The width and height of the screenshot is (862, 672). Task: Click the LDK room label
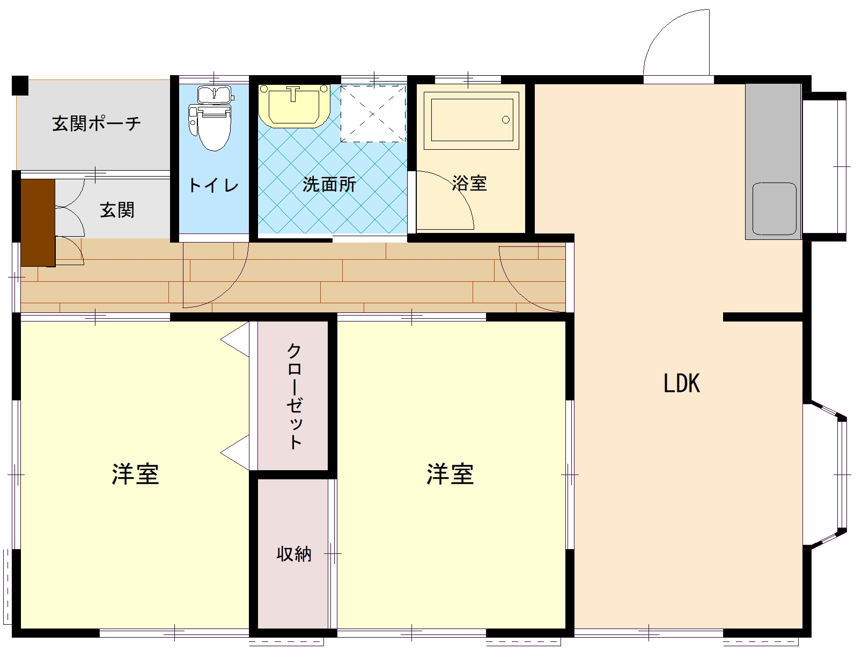(x=681, y=383)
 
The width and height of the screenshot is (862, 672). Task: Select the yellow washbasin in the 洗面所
(x=293, y=105)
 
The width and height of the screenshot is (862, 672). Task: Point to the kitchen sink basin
(x=773, y=208)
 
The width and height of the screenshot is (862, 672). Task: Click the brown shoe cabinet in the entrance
(x=38, y=222)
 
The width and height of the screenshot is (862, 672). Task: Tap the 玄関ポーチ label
(x=97, y=123)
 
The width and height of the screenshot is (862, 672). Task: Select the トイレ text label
(x=213, y=186)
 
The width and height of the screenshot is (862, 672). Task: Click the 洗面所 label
(x=329, y=184)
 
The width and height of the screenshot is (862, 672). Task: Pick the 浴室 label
(x=469, y=183)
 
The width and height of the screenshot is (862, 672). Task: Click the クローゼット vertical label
(x=294, y=396)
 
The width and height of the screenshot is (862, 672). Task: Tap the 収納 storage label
(x=294, y=553)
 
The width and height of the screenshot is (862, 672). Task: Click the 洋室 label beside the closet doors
(x=135, y=474)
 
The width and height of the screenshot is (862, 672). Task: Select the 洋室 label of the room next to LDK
(x=450, y=474)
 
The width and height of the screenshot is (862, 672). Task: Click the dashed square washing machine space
(x=373, y=113)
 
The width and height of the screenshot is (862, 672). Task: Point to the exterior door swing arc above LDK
(x=671, y=38)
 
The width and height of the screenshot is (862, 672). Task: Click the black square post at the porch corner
(x=20, y=85)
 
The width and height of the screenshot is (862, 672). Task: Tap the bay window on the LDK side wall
(x=829, y=474)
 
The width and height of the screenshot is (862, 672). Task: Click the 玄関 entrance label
(x=117, y=210)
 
